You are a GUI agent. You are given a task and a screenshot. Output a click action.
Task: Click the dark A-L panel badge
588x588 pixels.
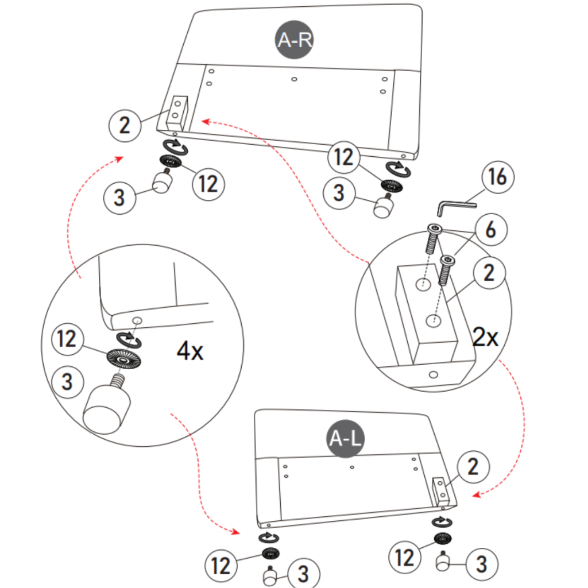(x=345, y=439)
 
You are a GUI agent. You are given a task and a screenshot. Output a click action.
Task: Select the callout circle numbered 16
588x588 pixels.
(x=498, y=178)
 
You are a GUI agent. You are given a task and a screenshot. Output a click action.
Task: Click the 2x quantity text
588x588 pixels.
(x=485, y=338)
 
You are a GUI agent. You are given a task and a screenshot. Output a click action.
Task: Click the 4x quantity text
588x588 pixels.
(x=189, y=350)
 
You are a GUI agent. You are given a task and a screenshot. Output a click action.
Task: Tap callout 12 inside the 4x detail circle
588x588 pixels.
(x=67, y=339)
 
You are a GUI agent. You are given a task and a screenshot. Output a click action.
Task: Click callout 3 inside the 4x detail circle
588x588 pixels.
(x=67, y=381)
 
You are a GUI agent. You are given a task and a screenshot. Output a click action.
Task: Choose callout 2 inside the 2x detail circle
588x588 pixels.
(x=489, y=273)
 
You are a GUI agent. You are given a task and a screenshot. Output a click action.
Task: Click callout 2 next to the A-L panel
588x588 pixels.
(x=473, y=466)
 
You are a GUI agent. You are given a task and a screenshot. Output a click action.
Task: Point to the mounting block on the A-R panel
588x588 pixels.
(x=177, y=111)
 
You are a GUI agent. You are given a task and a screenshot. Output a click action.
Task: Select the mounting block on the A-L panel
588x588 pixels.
(x=442, y=491)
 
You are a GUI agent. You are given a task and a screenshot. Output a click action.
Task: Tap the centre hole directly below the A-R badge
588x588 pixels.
(x=294, y=79)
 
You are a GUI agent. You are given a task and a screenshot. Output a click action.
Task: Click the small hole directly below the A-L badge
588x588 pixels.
(x=352, y=467)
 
